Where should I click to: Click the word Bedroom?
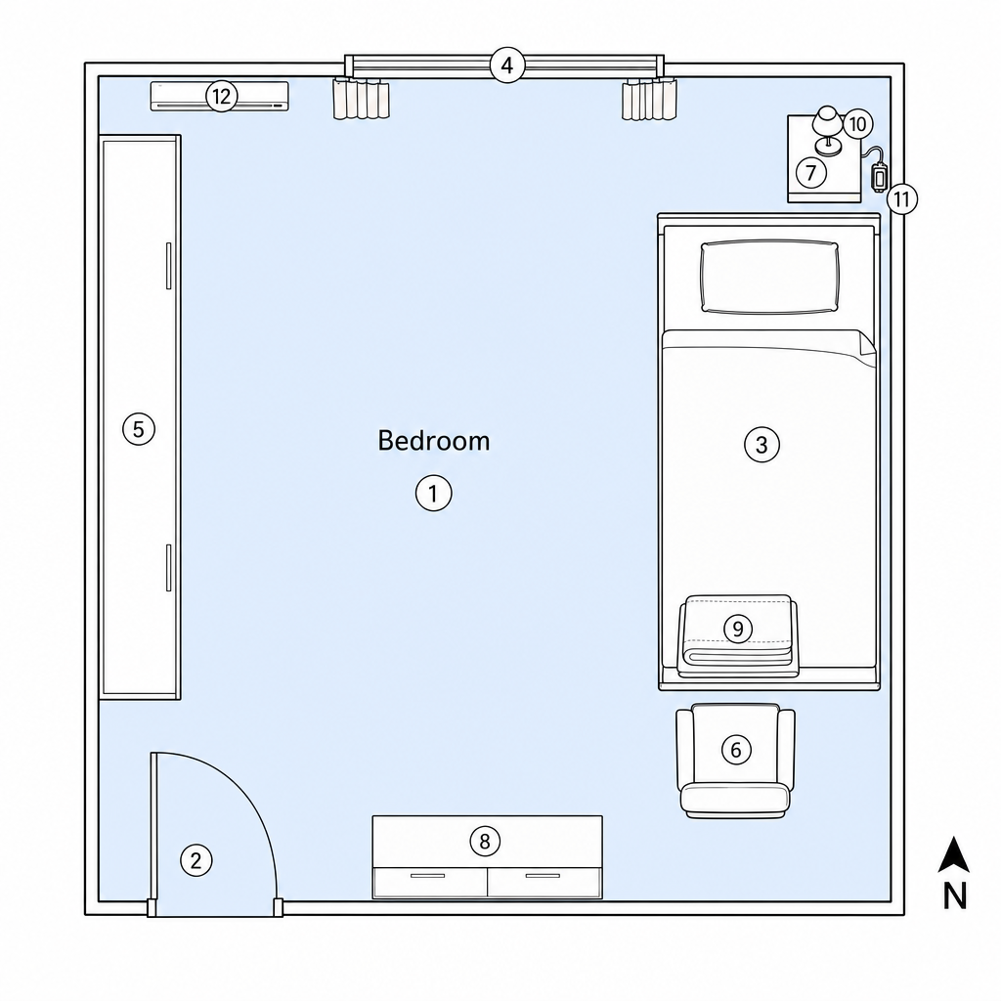click(x=434, y=441)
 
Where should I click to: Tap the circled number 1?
click(x=433, y=494)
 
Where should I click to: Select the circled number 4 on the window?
click(x=507, y=65)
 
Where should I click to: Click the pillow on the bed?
click(x=769, y=277)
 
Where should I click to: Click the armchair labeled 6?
click(x=735, y=761)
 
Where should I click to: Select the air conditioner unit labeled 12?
click(x=220, y=97)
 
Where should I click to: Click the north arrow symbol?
click(x=954, y=854)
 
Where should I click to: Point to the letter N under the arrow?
click(x=954, y=895)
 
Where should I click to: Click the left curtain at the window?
click(x=362, y=99)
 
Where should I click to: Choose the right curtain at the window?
click(x=649, y=99)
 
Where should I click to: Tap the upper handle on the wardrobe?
click(x=168, y=266)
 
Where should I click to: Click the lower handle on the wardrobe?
click(x=168, y=568)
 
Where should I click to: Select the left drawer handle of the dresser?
click(x=428, y=876)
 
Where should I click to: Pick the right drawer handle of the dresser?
click(x=543, y=876)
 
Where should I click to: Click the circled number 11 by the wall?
click(x=901, y=199)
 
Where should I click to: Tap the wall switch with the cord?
click(x=879, y=176)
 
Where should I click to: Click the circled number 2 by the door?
click(x=196, y=860)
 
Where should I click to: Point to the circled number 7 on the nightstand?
click(x=810, y=172)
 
